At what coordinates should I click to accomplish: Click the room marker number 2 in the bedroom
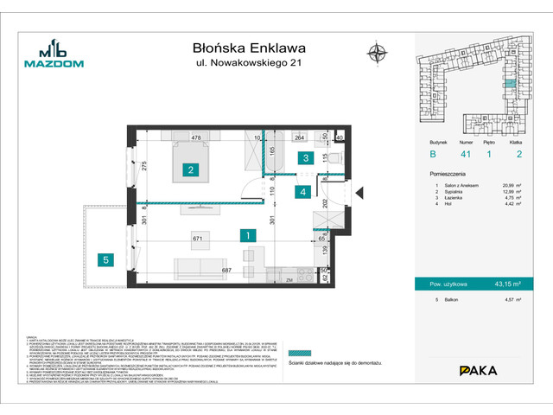[x=188, y=171]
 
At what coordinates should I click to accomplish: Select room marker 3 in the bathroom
[x=305, y=158]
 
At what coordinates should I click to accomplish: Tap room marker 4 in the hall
[x=302, y=192]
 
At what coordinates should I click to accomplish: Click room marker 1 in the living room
[x=247, y=234]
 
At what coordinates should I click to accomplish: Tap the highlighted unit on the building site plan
[x=510, y=84]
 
